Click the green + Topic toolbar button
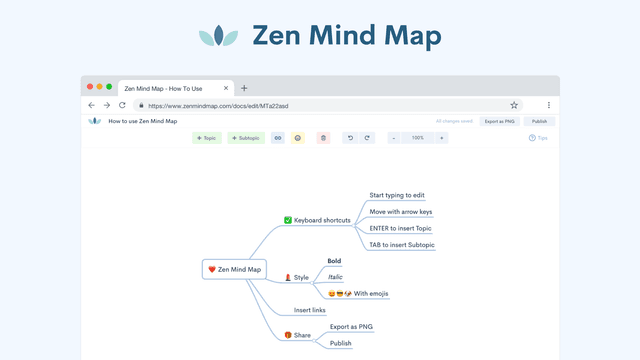[207, 138]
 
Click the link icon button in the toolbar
[278, 138]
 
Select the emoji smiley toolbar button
[297, 138]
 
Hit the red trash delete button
[322, 138]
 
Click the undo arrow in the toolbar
[350, 138]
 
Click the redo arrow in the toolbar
[367, 138]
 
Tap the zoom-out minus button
[394, 138]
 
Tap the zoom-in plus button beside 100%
[442, 138]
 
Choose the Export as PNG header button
[499, 121]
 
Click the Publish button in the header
[539, 121]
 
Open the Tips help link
[538, 138]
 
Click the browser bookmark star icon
[514, 104]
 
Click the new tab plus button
[244, 88]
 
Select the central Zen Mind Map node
[234, 269]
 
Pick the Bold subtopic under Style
[334, 261]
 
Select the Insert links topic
[310, 310]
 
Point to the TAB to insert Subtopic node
[402, 244]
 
